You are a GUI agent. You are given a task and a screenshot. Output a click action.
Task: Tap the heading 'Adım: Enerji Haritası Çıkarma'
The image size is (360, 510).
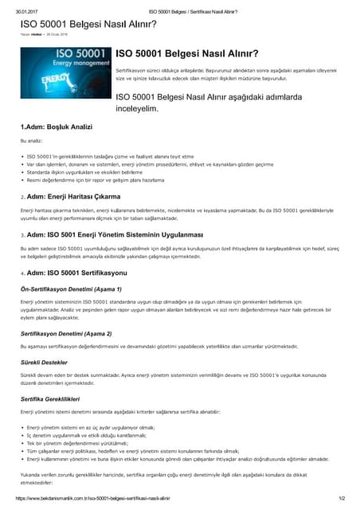coord(74,196)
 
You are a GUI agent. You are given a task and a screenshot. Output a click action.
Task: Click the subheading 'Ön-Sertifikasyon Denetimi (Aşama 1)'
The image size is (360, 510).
coord(71,288)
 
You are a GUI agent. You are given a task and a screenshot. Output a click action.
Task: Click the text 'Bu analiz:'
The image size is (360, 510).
coord(32,140)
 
